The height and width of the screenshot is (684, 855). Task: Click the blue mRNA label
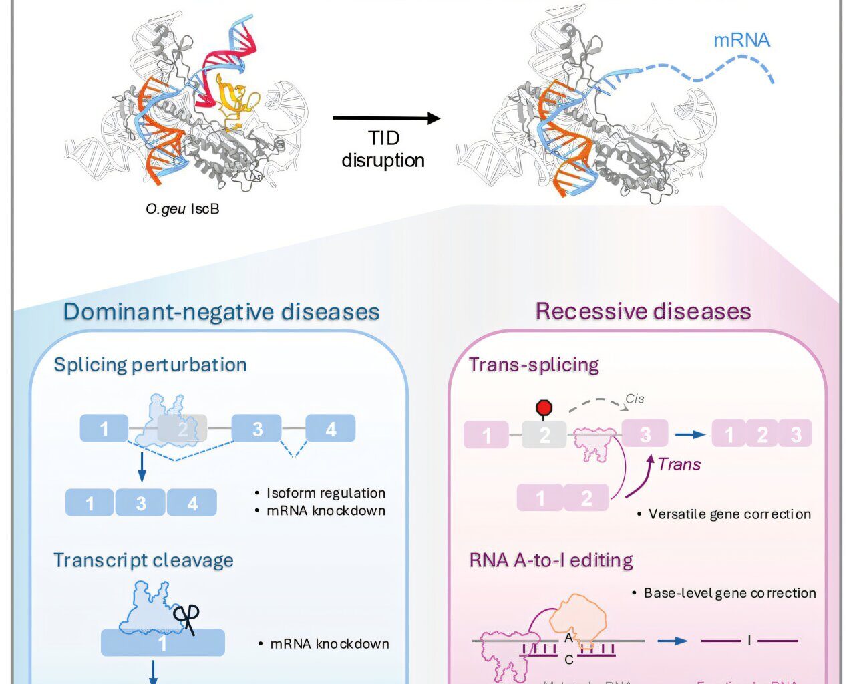pyautogui.click(x=741, y=40)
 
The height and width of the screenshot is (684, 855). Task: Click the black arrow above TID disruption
pyautogui.click(x=386, y=119)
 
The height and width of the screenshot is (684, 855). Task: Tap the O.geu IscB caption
pyautogui.click(x=182, y=209)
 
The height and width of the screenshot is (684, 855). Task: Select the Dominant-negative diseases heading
pyautogui.click(x=221, y=312)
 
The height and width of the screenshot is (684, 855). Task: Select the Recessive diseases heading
pyautogui.click(x=643, y=311)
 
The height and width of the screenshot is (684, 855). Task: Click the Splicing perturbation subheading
pyautogui.click(x=150, y=365)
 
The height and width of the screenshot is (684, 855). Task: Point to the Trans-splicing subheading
pyautogui.click(x=534, y=365)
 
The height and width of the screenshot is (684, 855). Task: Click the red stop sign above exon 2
pyautogui.click(x=544, y=407)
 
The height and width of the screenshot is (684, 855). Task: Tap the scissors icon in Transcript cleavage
pyautogui.click(x=186, y=619)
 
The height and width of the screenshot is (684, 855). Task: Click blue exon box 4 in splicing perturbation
pyautogui.click(x=331, y=429)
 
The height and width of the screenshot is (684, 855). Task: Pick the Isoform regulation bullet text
pyautogui.click(x=326, y=493)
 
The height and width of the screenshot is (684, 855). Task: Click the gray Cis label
pyautogui.click(x=635, y=399)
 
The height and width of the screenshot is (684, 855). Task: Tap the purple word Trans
pyautogui.click(x=679, y=464)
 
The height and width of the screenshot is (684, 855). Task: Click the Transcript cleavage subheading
pyautogui.click(x=144, y=560)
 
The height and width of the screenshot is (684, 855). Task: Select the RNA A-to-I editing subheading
pyautogui.click(x=551, y=560)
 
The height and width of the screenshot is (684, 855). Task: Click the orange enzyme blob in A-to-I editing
pyautogui.click(x=577, y=618)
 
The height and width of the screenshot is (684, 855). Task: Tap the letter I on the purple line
pyautogui.click(x=749, y=641)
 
